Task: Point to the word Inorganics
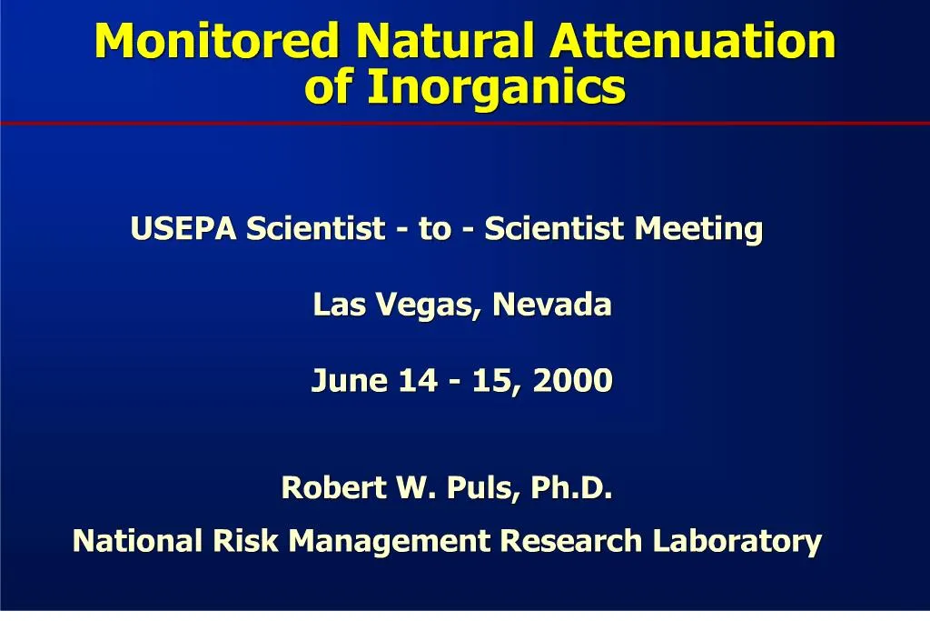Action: (497, 88)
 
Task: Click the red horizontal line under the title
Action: (465, 123)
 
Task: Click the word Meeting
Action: (698, 229)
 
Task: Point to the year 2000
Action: (573, 380)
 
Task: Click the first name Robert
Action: (332, 488)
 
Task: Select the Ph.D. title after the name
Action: (571, 488)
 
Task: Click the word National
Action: (139, 541)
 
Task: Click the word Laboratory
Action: (737, 543)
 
